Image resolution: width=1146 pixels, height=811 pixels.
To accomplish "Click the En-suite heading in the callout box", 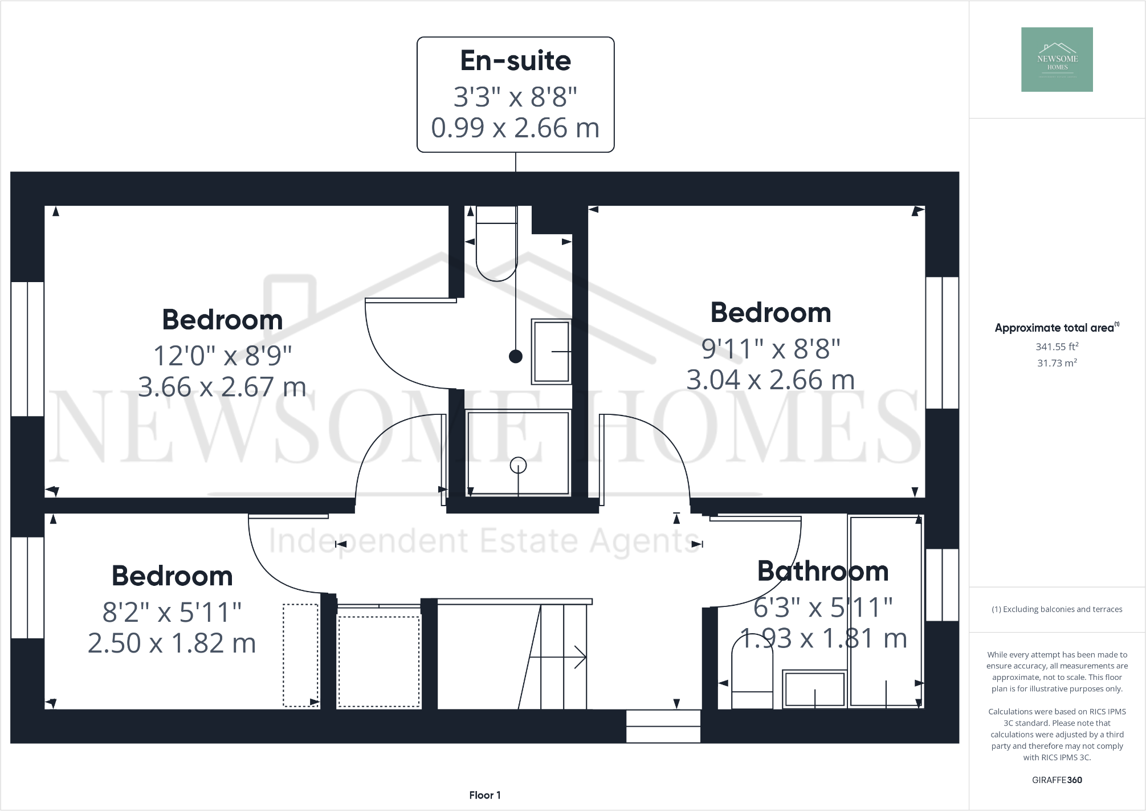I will [x=515, y=61].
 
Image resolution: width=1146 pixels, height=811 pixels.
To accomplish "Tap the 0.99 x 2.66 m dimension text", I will [x=515, y=128].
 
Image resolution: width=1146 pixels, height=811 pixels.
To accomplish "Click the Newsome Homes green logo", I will [x=1057, y=59].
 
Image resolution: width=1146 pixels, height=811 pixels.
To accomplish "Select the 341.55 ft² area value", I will [x=1057, y=347].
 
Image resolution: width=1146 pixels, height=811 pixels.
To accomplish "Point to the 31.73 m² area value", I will [x=1057, y=363].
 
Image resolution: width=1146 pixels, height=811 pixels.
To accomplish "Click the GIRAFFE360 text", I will [x=1057, y=780].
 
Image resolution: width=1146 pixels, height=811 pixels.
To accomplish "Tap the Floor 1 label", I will [x=484, y=795].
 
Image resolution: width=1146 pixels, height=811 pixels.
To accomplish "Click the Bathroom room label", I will [x=822, y=571].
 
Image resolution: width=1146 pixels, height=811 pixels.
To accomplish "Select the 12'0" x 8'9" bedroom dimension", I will [x=222, y=356].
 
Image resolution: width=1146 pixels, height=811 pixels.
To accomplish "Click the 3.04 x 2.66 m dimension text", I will [x=770, y=380].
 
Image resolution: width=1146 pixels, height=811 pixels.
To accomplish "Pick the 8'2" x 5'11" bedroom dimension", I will [x=172, y=612].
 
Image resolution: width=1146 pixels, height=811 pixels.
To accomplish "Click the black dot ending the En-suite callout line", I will [x=515, y=357].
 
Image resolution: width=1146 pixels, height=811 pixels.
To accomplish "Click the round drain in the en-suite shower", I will [x=518, y=465].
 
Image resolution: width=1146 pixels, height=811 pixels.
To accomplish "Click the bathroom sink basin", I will [x=814, y=689].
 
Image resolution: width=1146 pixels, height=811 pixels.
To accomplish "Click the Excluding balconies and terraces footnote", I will [x=1057, y=609].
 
